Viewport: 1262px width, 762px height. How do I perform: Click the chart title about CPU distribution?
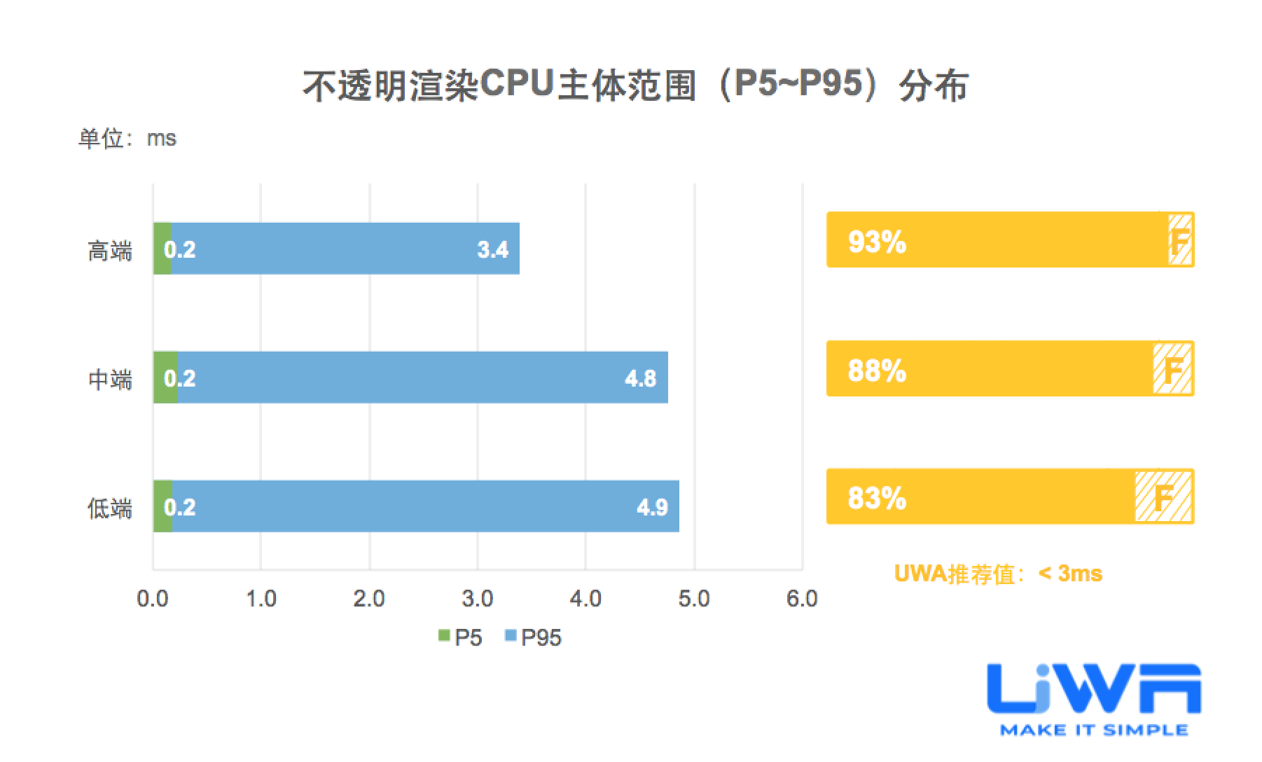(635, 86)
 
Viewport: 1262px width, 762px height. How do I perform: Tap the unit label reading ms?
(127, 139)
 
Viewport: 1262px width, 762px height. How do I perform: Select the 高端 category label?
(110, 250)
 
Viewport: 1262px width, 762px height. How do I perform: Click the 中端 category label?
(110, 379)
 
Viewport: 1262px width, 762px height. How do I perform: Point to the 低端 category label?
(110, 508)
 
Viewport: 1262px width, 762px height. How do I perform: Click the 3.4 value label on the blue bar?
(492, 249)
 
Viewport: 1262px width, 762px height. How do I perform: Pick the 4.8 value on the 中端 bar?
(640, 378)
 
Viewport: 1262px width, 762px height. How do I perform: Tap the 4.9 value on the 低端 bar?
(652, 507)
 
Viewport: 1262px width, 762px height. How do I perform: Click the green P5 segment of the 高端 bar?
(161, 249)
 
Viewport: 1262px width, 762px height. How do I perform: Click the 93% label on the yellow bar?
(877, 242)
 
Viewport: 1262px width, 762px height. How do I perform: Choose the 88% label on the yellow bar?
(877, 370)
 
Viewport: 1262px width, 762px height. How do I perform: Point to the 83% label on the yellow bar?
(877, 498)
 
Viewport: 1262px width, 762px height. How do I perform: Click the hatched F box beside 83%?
(1163, 497)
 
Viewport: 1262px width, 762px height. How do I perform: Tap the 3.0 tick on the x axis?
(478, 600)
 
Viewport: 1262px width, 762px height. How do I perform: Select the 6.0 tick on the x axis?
(802, 600)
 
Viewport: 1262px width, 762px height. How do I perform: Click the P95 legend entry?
(534, 637)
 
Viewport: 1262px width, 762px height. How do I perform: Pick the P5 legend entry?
(461, 637)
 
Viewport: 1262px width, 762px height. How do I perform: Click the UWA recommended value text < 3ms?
(998, 574)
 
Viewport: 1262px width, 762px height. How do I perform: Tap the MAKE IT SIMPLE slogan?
(1094, 730)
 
